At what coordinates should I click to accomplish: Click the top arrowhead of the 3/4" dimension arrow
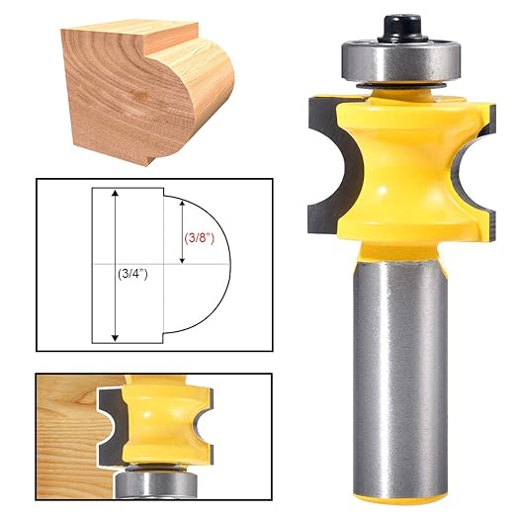(116, 196)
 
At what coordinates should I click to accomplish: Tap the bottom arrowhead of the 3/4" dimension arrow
(116, 337)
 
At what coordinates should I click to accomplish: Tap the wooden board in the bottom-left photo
(69, 425)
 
